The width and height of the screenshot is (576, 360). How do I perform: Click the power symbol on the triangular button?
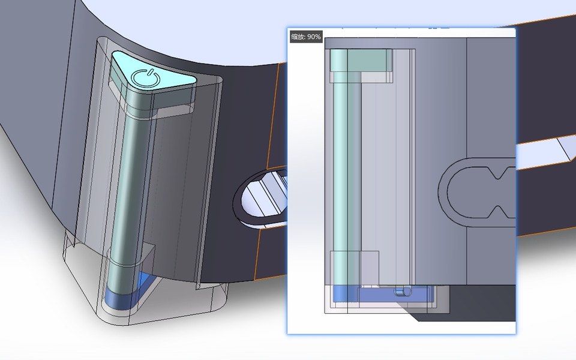pos(146,77)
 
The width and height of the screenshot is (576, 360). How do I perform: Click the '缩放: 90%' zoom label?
pos(306,37)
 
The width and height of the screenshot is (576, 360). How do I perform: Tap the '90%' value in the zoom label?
pos(314,37)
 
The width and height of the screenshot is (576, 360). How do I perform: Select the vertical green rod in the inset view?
pos(339,168)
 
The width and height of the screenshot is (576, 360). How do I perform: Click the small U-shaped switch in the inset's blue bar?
pos(402,292)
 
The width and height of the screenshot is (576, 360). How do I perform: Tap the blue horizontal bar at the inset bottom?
pos(384,295)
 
